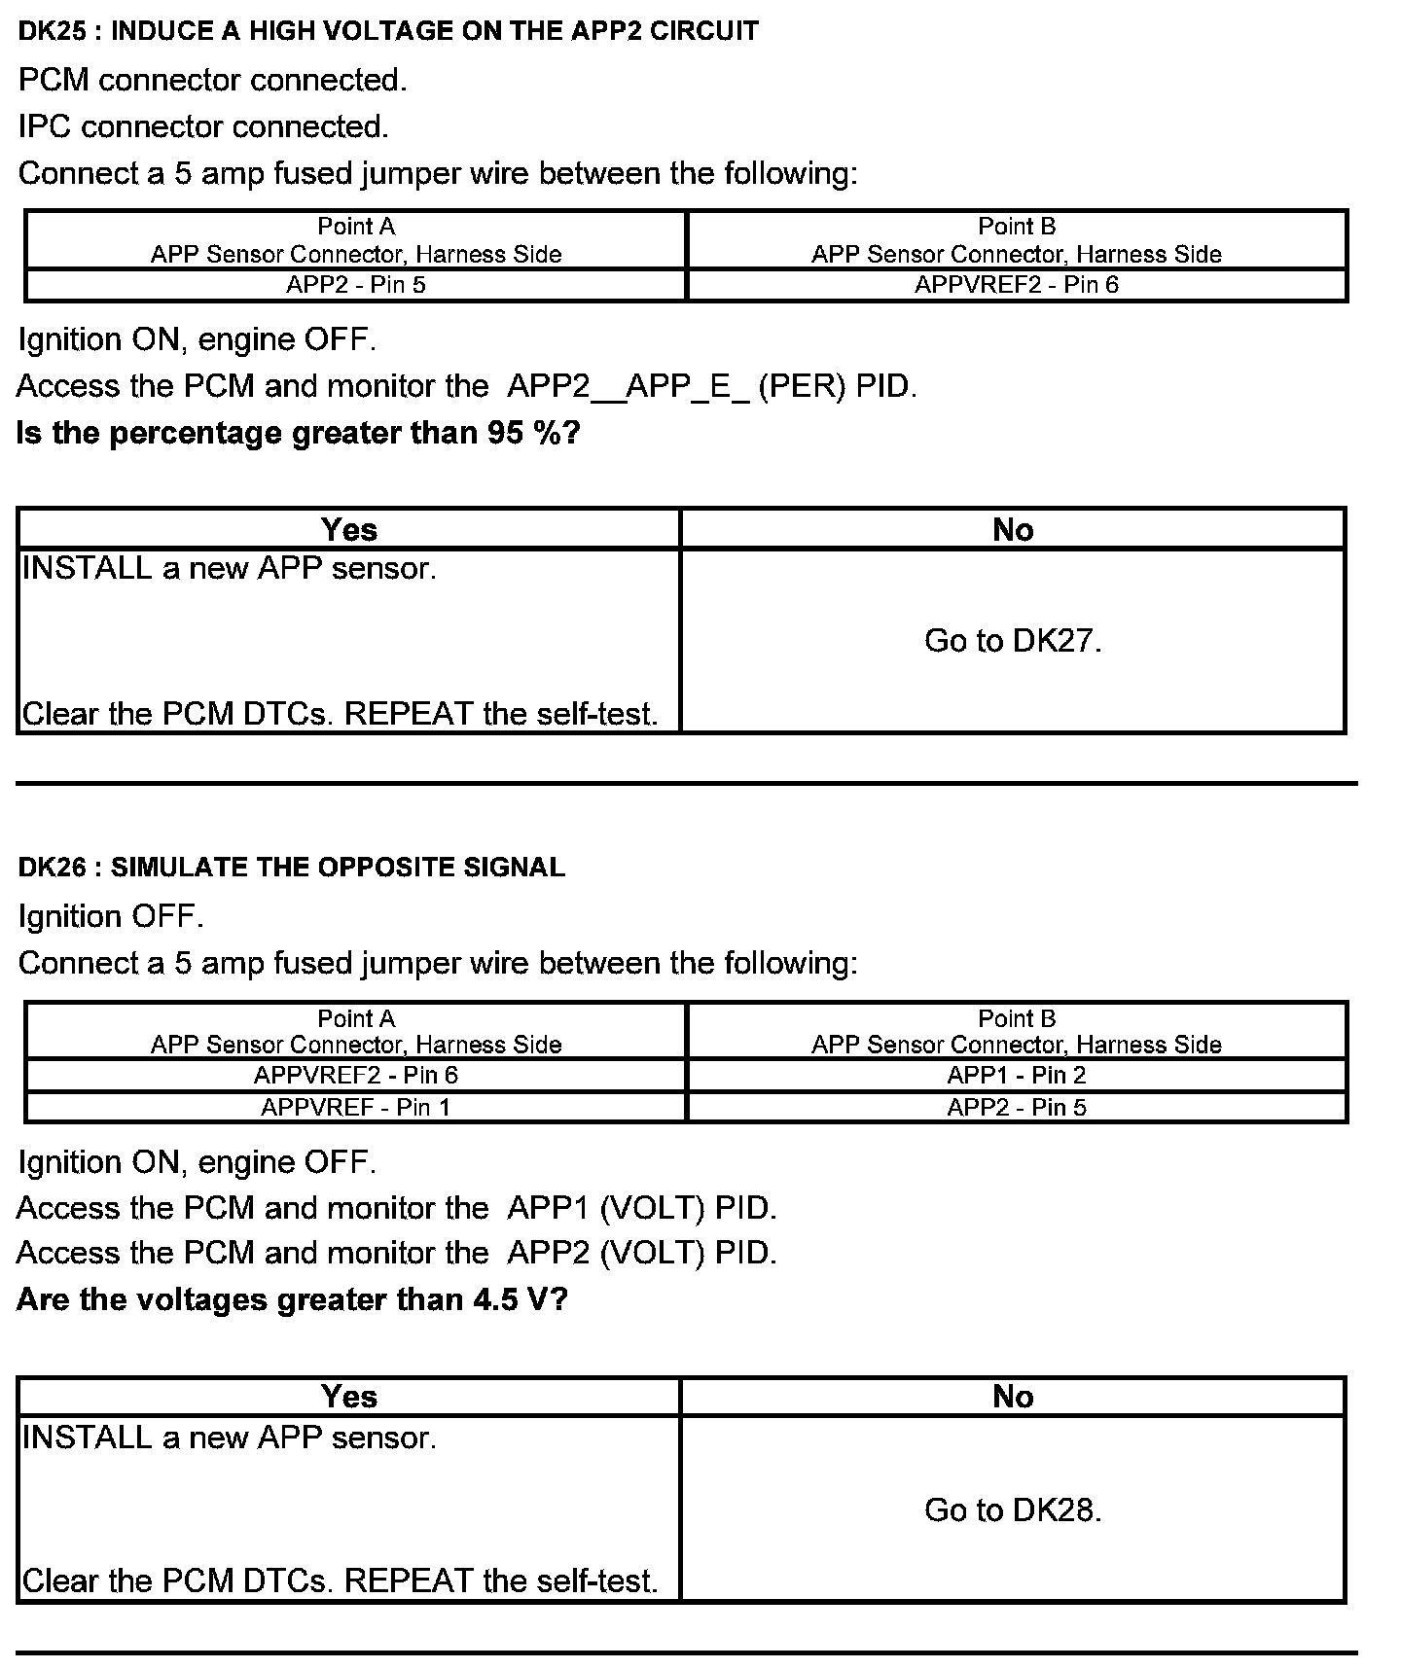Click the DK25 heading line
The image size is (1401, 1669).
388,31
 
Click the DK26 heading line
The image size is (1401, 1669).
291,867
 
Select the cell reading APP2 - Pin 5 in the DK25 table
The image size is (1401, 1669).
356,285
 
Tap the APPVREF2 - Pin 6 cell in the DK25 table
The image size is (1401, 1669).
1017,285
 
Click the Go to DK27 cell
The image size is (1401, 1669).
1013,641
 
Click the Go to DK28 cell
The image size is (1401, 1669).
1013,1509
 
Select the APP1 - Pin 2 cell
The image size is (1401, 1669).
1017,1075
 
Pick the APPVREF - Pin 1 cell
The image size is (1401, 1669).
356,1107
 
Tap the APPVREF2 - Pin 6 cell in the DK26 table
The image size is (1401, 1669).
356,1075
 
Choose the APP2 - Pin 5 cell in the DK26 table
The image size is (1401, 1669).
1017,1107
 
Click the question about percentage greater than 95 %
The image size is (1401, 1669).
299,433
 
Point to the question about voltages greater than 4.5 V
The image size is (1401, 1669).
292,1299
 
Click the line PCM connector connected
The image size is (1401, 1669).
212,80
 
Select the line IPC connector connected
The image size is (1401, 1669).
203,126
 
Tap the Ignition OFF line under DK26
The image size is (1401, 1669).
111,916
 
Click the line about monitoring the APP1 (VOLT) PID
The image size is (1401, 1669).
397,1208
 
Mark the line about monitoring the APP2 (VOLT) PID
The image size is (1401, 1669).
397,1253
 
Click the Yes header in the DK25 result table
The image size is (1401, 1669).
348,529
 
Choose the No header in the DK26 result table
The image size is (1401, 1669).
1013,1397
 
